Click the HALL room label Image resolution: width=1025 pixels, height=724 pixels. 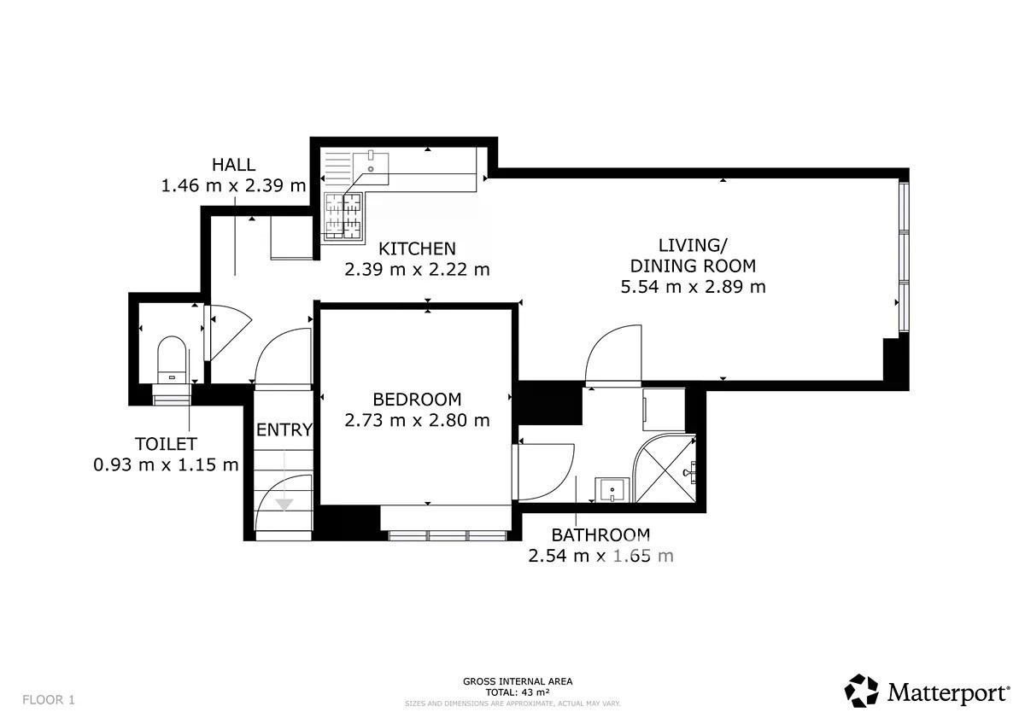click(x=233, y=165)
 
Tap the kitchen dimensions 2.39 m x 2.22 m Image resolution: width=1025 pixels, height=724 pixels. click(x=417, y=270)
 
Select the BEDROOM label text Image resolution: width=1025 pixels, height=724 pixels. click(x=417, y=400)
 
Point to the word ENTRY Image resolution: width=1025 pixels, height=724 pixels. click(x=284, y=429)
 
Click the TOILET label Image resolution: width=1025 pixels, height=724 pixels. click(x=166, y=444)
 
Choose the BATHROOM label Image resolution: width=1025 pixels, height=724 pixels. click(x=600, y=534)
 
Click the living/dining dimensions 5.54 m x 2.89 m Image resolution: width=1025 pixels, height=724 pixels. click(x=693, y=287)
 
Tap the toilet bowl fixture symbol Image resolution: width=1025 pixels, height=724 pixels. click(x=172, y=359)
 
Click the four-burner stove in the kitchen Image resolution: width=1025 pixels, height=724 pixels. click(x=343, y=215)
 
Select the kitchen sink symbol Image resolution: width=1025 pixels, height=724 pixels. click(x=371, y=168)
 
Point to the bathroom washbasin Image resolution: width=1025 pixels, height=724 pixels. click(x=612, y=490)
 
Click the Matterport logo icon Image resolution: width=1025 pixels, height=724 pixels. click(x=861, y=690)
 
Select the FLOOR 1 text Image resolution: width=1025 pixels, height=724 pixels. click(x=49, y=700)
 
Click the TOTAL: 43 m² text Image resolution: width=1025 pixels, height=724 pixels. click(x=518, y=692)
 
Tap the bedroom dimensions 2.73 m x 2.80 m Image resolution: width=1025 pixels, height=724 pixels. click(x=417, y=420)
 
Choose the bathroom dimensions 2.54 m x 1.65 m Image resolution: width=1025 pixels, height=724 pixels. click(x=600, y=556)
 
